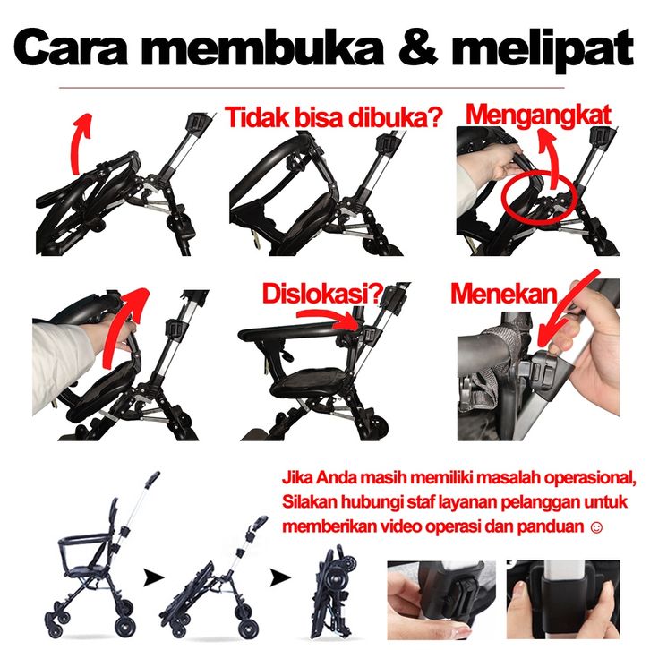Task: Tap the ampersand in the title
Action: [418, 46]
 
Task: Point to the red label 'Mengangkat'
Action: [538, 115]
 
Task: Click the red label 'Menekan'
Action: [504, 294]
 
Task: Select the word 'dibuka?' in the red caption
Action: [397, 117]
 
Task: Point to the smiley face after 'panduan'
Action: [596, 527]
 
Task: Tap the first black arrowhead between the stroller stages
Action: [153, 577]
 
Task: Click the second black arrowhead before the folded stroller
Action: [280, 577]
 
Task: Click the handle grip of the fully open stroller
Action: [152, 479]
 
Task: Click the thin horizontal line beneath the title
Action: [312, 88]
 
